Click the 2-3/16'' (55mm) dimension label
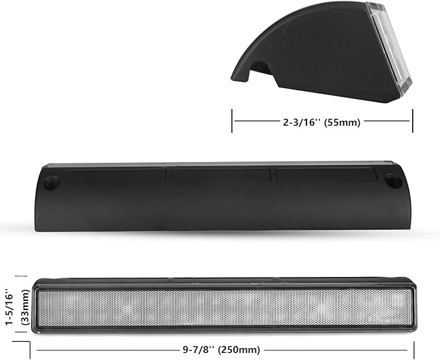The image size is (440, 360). pyautogui.click(x=321, y=121)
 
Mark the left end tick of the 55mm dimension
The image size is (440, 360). pyautogui.click(x=233, y=121)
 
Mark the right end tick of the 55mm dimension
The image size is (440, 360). pyautogui.click(x=411, y=121)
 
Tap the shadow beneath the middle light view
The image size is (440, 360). pyautogui.click(x=220, y=237)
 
